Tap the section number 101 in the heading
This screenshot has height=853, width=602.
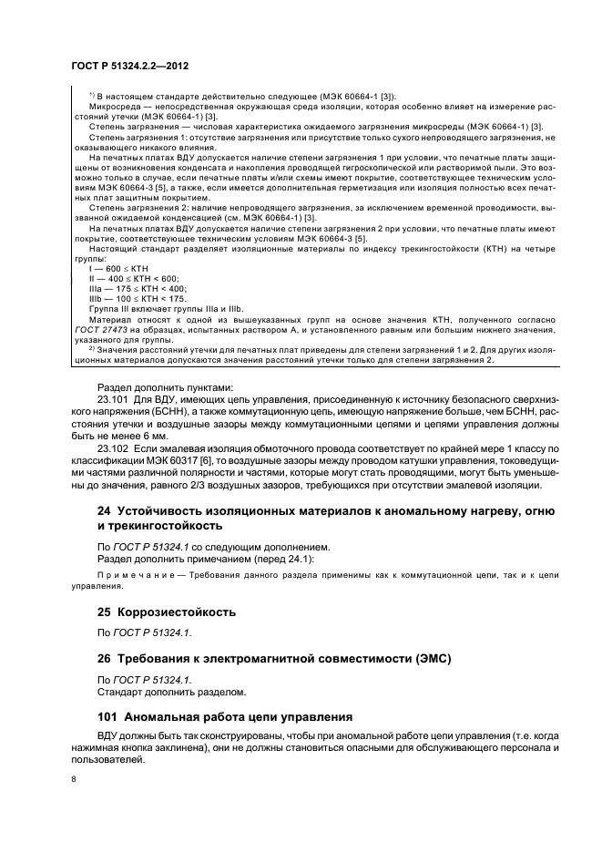pyautogui.click(x=107, y=715)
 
